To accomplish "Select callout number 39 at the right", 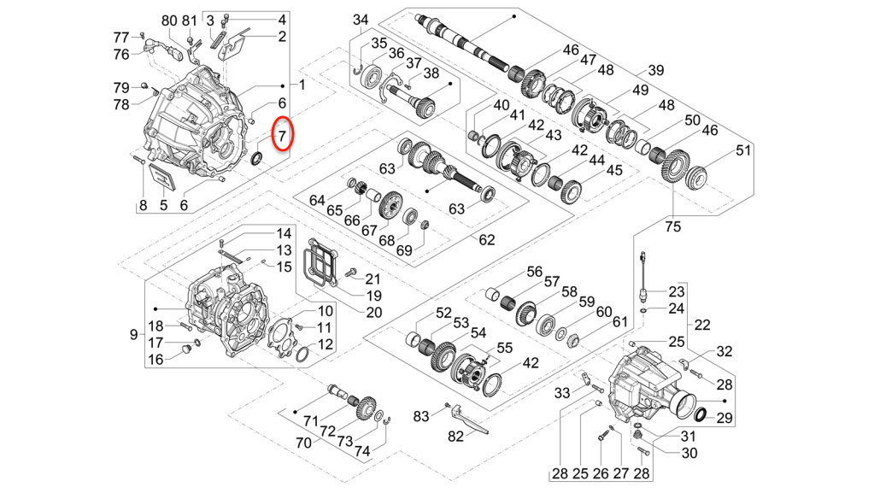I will tap(655, 70).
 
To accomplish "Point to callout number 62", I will tap(486, 240).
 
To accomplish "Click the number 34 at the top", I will tap(361, 19).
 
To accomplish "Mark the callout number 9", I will tap(133, 334).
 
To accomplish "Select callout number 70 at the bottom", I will tap(302, 443).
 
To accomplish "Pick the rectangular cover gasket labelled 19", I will tap(321, 264).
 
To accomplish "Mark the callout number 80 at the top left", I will tap(168, 21).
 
